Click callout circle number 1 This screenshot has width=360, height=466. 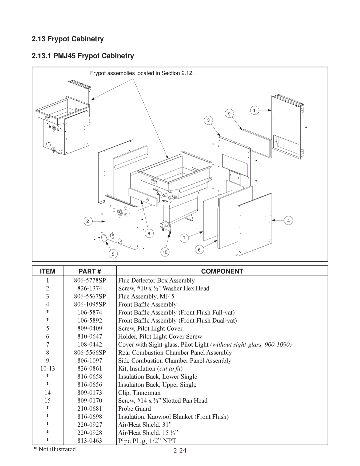pos(254,110)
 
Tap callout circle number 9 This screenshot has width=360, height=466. pos(229,114)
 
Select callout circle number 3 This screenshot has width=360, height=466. pos(208,120)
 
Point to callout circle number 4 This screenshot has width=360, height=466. pos(288,220)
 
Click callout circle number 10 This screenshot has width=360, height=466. pos(165,252)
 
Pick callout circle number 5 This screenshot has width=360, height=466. pos(113,254)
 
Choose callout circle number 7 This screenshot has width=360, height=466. pos(184,238)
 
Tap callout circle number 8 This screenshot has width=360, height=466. pos(149,234)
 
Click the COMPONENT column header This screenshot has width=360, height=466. pos(222,271)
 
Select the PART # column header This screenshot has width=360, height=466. pos(90,271)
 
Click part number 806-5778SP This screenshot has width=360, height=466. pos(90,280)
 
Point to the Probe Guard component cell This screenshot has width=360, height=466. pos(135,408)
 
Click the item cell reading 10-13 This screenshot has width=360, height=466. pos(48,368)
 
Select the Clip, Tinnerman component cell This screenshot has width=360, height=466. pos(139,392)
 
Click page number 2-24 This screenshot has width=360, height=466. pos(180,450)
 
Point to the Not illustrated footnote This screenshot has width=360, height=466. pos(55,449)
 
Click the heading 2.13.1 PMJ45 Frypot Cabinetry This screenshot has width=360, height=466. pos(83,56)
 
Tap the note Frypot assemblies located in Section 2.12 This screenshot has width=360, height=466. pos(142,73)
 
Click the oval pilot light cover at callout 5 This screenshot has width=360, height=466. pos(104,238)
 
